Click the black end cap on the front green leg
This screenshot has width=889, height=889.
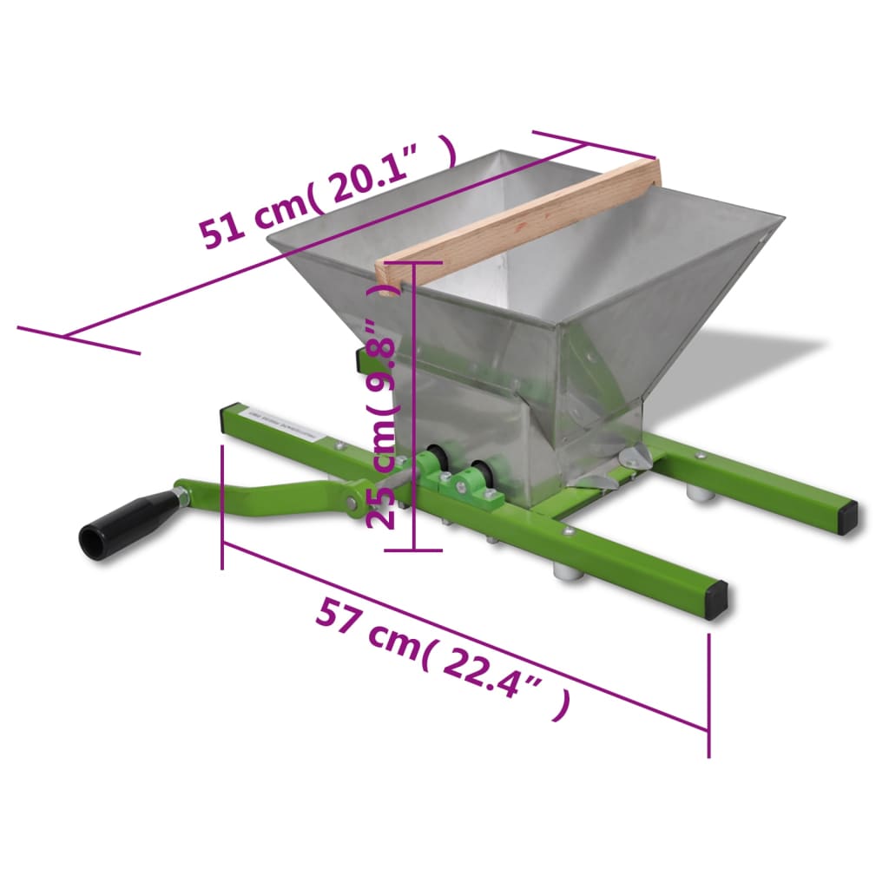click(x=716, y=600)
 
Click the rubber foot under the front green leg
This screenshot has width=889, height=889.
click(x=568, y=572)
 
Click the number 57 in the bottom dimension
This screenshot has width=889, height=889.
click(x=339, y=615)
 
